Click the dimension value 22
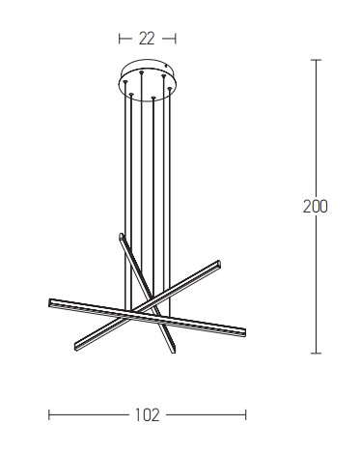[x=147, y=39]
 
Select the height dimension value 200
[x=316, y=207]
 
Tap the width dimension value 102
[x=147, y=415]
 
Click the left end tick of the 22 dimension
[x=120, y=39]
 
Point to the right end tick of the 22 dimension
[x=176, y=39]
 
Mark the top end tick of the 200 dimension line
[x=316, y=60]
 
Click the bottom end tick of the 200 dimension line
[x=316, y=354]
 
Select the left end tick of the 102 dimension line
[x=49, y=414]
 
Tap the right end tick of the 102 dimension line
[x=246, y=414]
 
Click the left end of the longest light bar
[x=50, y=302]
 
